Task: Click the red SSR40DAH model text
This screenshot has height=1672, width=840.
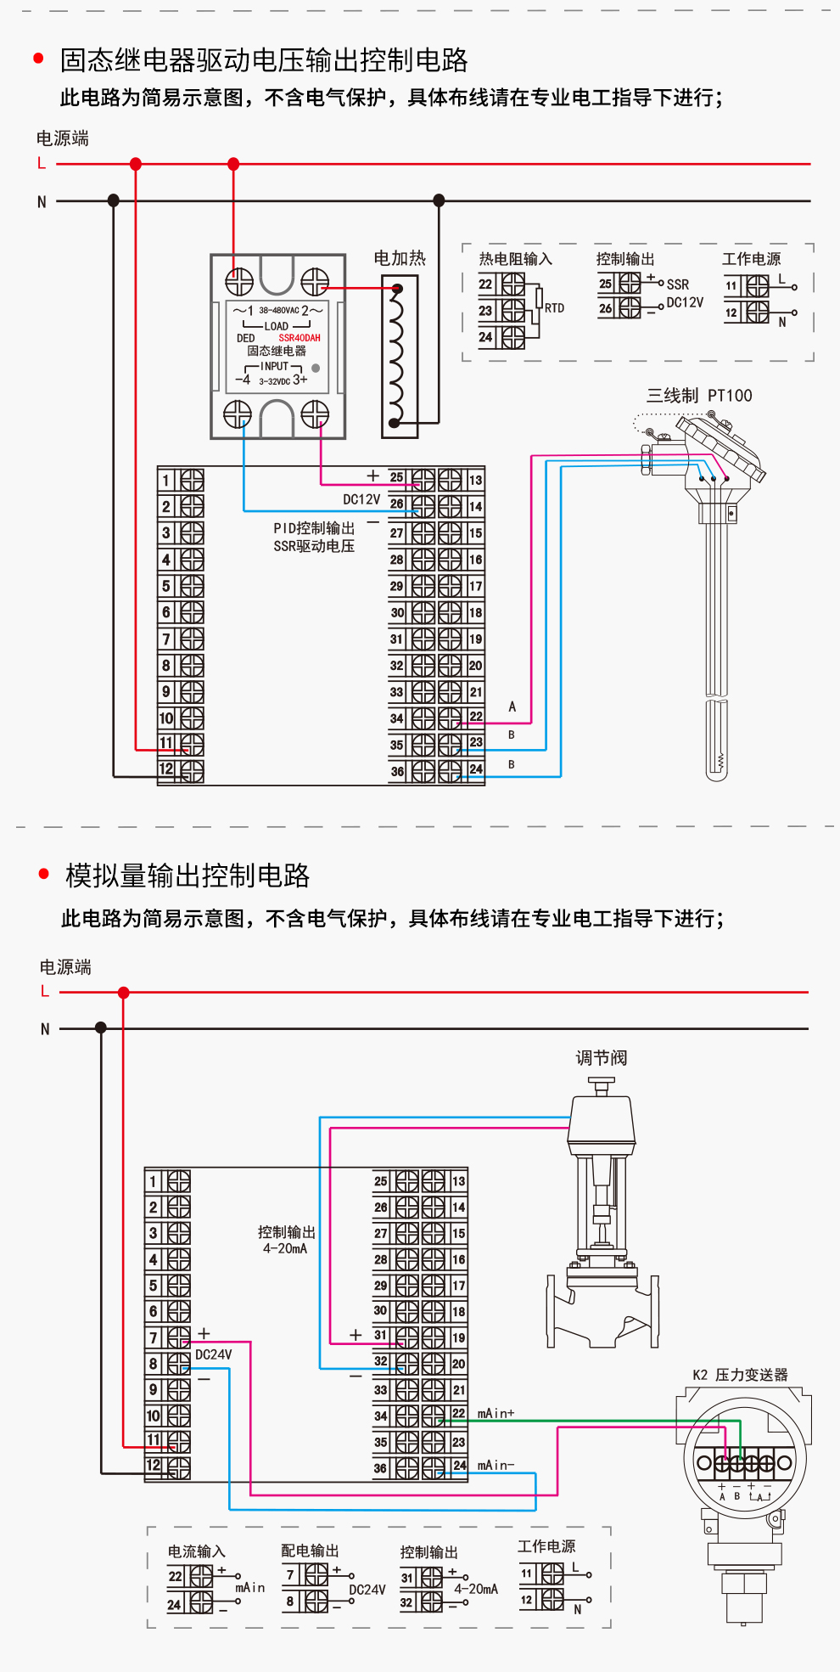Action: coord(300,338)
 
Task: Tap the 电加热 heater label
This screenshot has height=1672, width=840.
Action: coord(400,258)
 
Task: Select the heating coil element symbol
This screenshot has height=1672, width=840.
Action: coord(396,356)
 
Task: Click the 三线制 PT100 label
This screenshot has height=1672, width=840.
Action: coord(699,396)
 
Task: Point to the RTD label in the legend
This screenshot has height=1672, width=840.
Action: coord(554,308)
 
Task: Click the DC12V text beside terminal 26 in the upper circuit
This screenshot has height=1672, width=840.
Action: coord(361,499)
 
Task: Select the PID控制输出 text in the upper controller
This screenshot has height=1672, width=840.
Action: coord(314,528)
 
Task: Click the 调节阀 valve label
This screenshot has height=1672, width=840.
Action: coord(601,1058)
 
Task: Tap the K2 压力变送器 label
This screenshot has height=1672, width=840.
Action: coord(740,1375)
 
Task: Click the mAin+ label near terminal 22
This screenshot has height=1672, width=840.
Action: coord(496,1414)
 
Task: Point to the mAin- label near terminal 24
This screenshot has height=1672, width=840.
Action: coord(496,1466)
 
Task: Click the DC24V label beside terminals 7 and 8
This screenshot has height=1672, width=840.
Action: coord(214,1354)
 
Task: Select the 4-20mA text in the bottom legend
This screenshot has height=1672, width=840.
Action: coord(475,1589)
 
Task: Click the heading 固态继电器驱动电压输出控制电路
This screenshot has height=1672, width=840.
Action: coord(264,60)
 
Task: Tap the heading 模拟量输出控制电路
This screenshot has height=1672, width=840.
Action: coord(188,875)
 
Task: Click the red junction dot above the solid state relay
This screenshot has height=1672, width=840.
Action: coord(233,164)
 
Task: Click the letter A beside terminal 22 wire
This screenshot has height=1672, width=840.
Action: coord(512,707)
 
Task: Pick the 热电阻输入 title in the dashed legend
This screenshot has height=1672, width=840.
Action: coord(515,259)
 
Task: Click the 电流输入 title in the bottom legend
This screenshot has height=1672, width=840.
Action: coord(196,1551)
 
